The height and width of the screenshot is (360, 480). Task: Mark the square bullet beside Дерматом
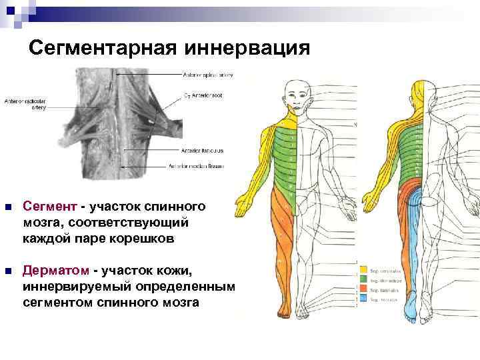(x=7, y=271)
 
